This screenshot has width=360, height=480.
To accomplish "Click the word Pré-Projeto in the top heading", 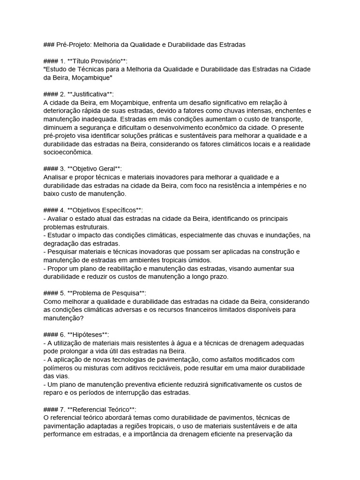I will click(74, 45).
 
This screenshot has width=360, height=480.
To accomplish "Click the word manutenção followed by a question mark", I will click(63, 318).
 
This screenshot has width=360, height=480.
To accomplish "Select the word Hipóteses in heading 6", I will click(87, 334).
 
